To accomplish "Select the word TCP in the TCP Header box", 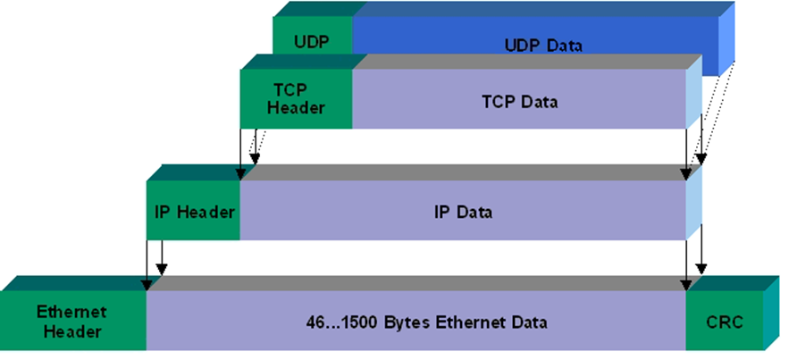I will pyautogui.click(x=296, y=90).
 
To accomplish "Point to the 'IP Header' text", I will pyautogui.click(x=195, y=213).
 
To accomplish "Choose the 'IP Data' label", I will pyautogui.click(x=464, y=213).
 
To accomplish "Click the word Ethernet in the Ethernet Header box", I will pyautogui.click(x=71, y=312).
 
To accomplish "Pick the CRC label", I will pyautogui.click(x=725, y=322).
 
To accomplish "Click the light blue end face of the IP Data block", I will pyautogui.click(x=695, y=205).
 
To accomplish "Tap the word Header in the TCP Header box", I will pyautogui.click(x=296, y=108).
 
